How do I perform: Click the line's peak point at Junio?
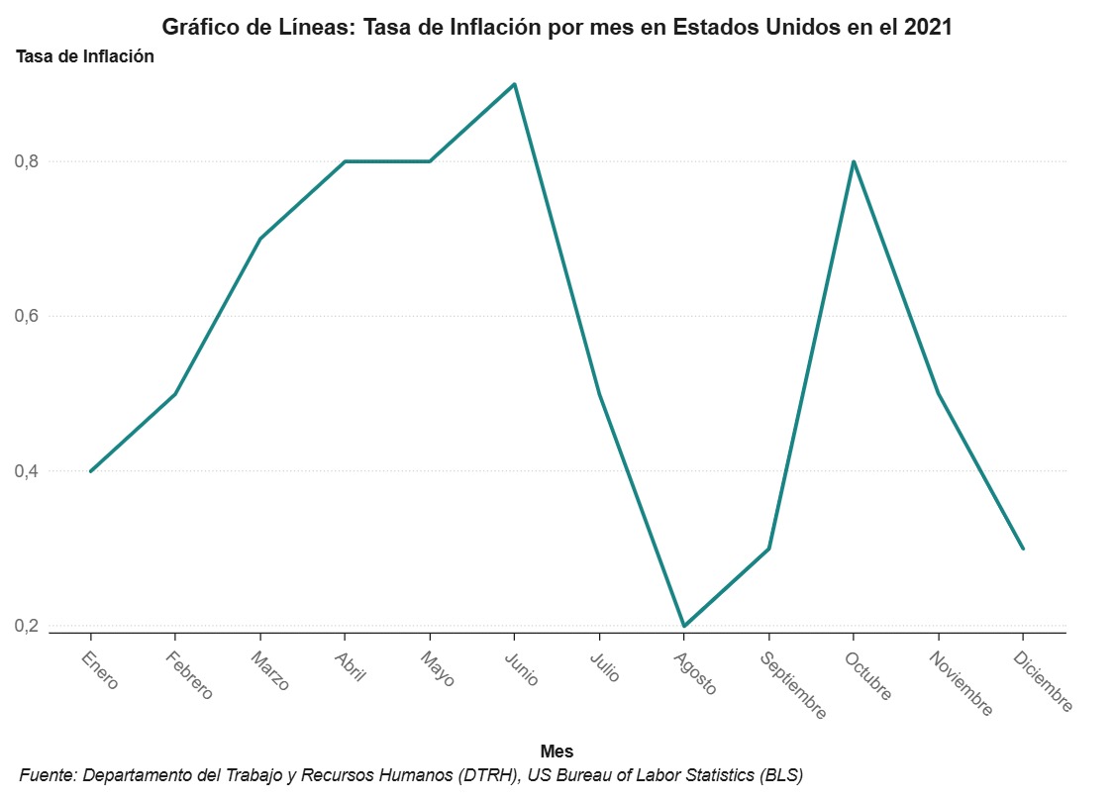pyautogui.click(x=514, y=84)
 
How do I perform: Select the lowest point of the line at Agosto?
pyautogui.click(x=683, y=626)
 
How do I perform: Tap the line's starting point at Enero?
pyautogui.click(x=91, y=471)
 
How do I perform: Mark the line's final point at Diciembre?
pyautogui.click(x=1022, y=549)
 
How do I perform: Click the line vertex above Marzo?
pyautogui.click(x=260, y=239)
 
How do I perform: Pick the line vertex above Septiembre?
pyautogui.click(x=768, y=549)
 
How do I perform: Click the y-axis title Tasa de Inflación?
pyautogui.click(x=85, y=56)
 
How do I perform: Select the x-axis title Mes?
pyautogui.click(x=557, y=752)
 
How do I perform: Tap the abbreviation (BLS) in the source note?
pyautogui.click(x=779, y=775)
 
